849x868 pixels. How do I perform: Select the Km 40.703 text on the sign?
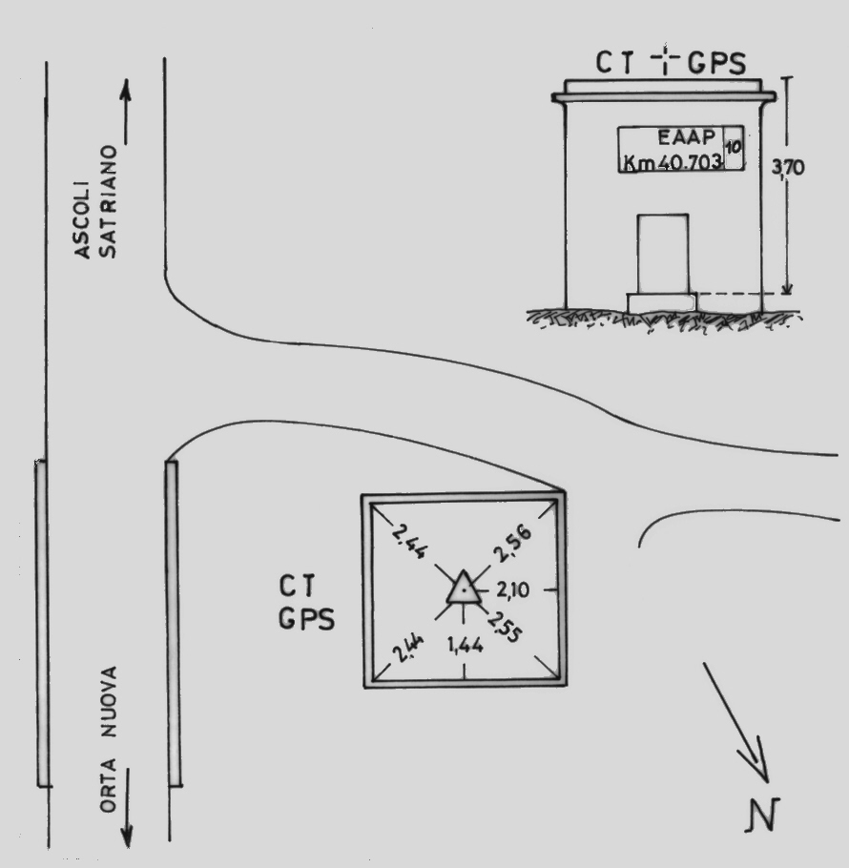pos(672,161)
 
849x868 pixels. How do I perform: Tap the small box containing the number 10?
pos(733,148)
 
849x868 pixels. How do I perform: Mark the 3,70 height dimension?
pos(788,167)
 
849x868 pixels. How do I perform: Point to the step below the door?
pos(661,302)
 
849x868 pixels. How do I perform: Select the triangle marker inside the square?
pos(463,589)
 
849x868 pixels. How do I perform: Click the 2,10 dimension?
pos(512,591)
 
